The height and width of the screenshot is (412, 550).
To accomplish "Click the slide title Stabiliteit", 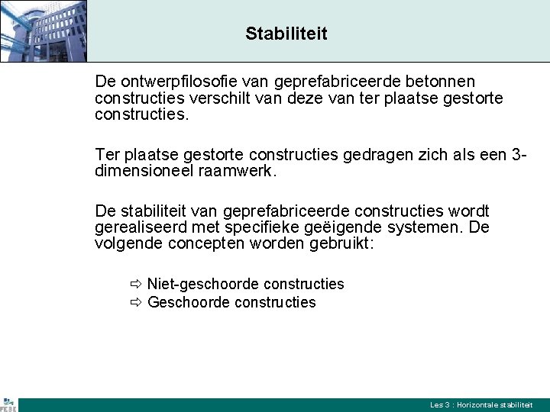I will pos(286,34).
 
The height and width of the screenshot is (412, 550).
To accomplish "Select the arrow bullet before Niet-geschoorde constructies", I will pos(135,285).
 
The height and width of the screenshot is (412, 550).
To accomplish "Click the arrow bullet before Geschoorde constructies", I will pos(135,303).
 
